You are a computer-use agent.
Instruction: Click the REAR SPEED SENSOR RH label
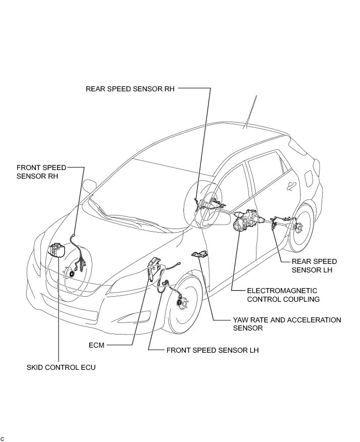(130, 88)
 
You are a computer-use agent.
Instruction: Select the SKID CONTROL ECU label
(61, 367)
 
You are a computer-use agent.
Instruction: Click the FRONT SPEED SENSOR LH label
(212, 350)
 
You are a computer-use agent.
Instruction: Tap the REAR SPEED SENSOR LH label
(314, 265)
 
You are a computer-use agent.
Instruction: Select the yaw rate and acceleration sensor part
(199, 255)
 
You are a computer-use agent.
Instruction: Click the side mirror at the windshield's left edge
(89, 186)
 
